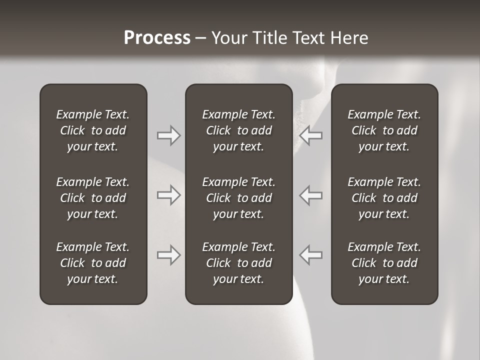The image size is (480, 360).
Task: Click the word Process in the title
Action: (157, 38)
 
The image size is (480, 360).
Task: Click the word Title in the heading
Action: (269, 38)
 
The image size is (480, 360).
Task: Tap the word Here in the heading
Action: (349, 38)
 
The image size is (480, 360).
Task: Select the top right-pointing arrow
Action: (168, 135)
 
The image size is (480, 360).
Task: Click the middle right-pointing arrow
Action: (168, 195)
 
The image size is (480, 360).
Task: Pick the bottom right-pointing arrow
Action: (168, 254)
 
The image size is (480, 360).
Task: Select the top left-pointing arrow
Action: (311, 135)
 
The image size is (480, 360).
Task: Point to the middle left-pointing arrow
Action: (311, 195)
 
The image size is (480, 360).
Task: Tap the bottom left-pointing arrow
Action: (311, 254)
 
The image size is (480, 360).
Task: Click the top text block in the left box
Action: (93, 130)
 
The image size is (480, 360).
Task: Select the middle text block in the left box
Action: (93, 198)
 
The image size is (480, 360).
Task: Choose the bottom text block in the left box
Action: (93, 263)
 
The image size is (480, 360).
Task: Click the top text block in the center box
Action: (238, 130)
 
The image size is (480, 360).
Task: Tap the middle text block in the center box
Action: (238, 198)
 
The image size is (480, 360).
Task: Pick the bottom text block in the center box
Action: (238, 263)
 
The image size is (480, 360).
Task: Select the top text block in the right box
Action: (384, 130)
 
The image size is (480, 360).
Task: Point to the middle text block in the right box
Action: (384, 198)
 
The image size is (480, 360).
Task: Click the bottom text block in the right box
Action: (384, 263)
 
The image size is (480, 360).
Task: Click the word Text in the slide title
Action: (308, 38)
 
